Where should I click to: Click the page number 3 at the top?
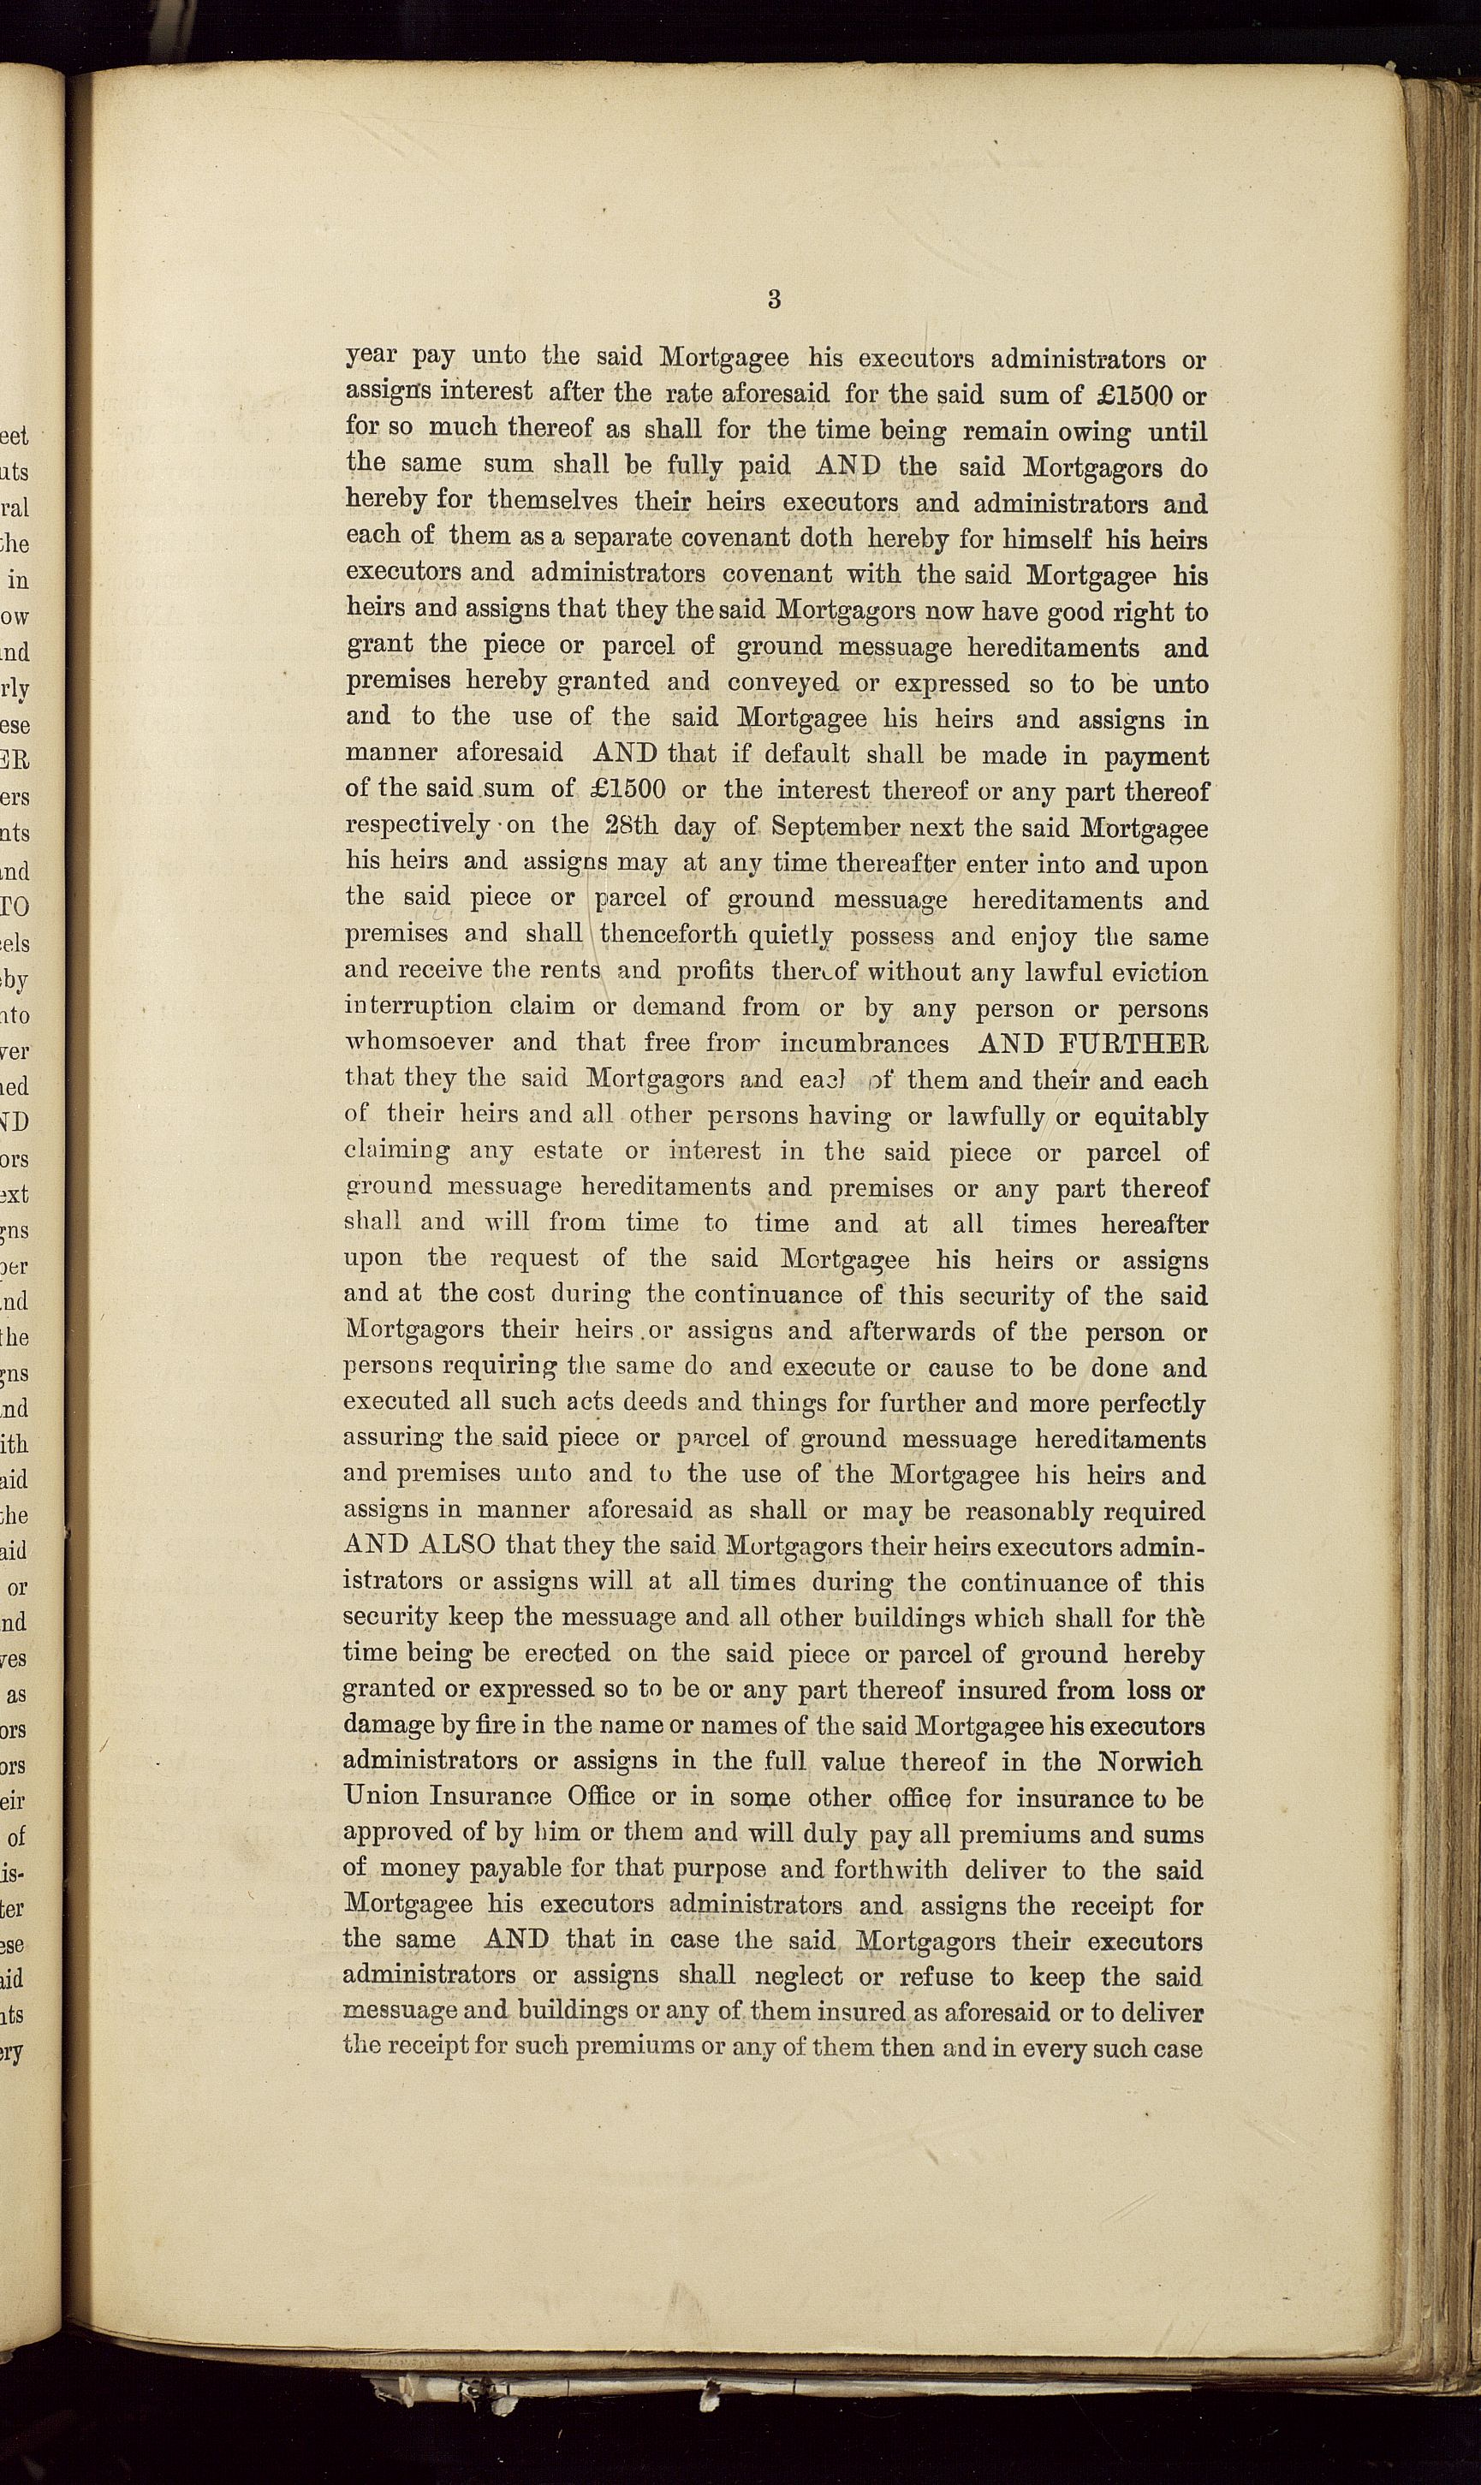(775, 300)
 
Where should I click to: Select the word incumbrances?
(865, 1043)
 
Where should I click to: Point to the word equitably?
(1150, 1116)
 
